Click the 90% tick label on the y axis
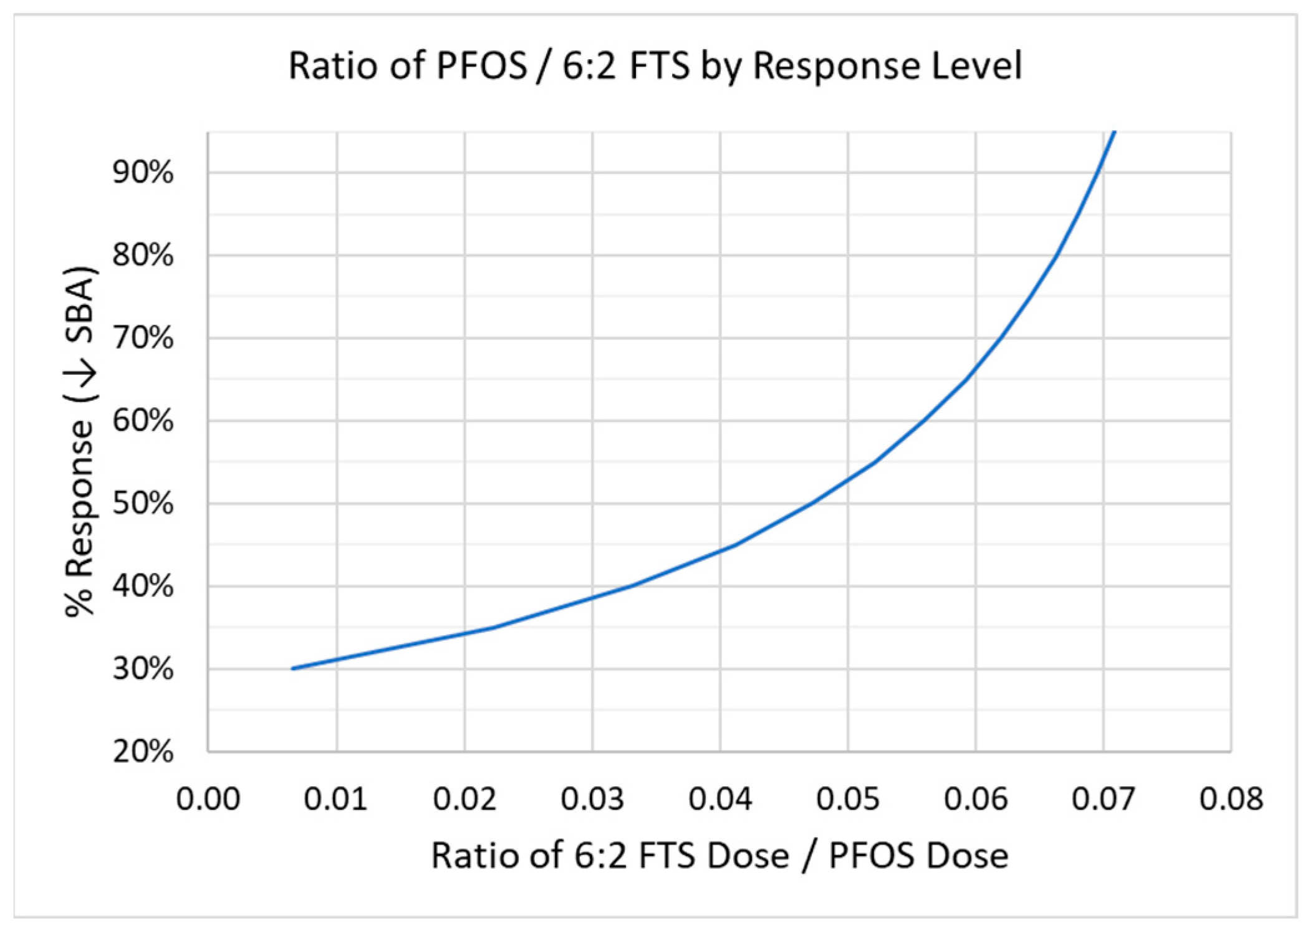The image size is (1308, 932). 143,172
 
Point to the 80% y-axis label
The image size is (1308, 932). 143,255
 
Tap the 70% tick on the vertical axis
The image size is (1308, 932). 143,339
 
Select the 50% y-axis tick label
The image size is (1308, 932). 143,504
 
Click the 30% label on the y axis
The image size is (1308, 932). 143,670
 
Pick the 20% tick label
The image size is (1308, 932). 143,752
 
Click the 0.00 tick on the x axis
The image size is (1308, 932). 208,799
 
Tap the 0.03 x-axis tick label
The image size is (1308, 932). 592,799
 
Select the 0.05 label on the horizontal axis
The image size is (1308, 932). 848,799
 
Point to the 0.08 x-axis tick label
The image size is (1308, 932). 1231,799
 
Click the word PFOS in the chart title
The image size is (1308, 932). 482,65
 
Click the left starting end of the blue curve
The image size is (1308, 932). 292,668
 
